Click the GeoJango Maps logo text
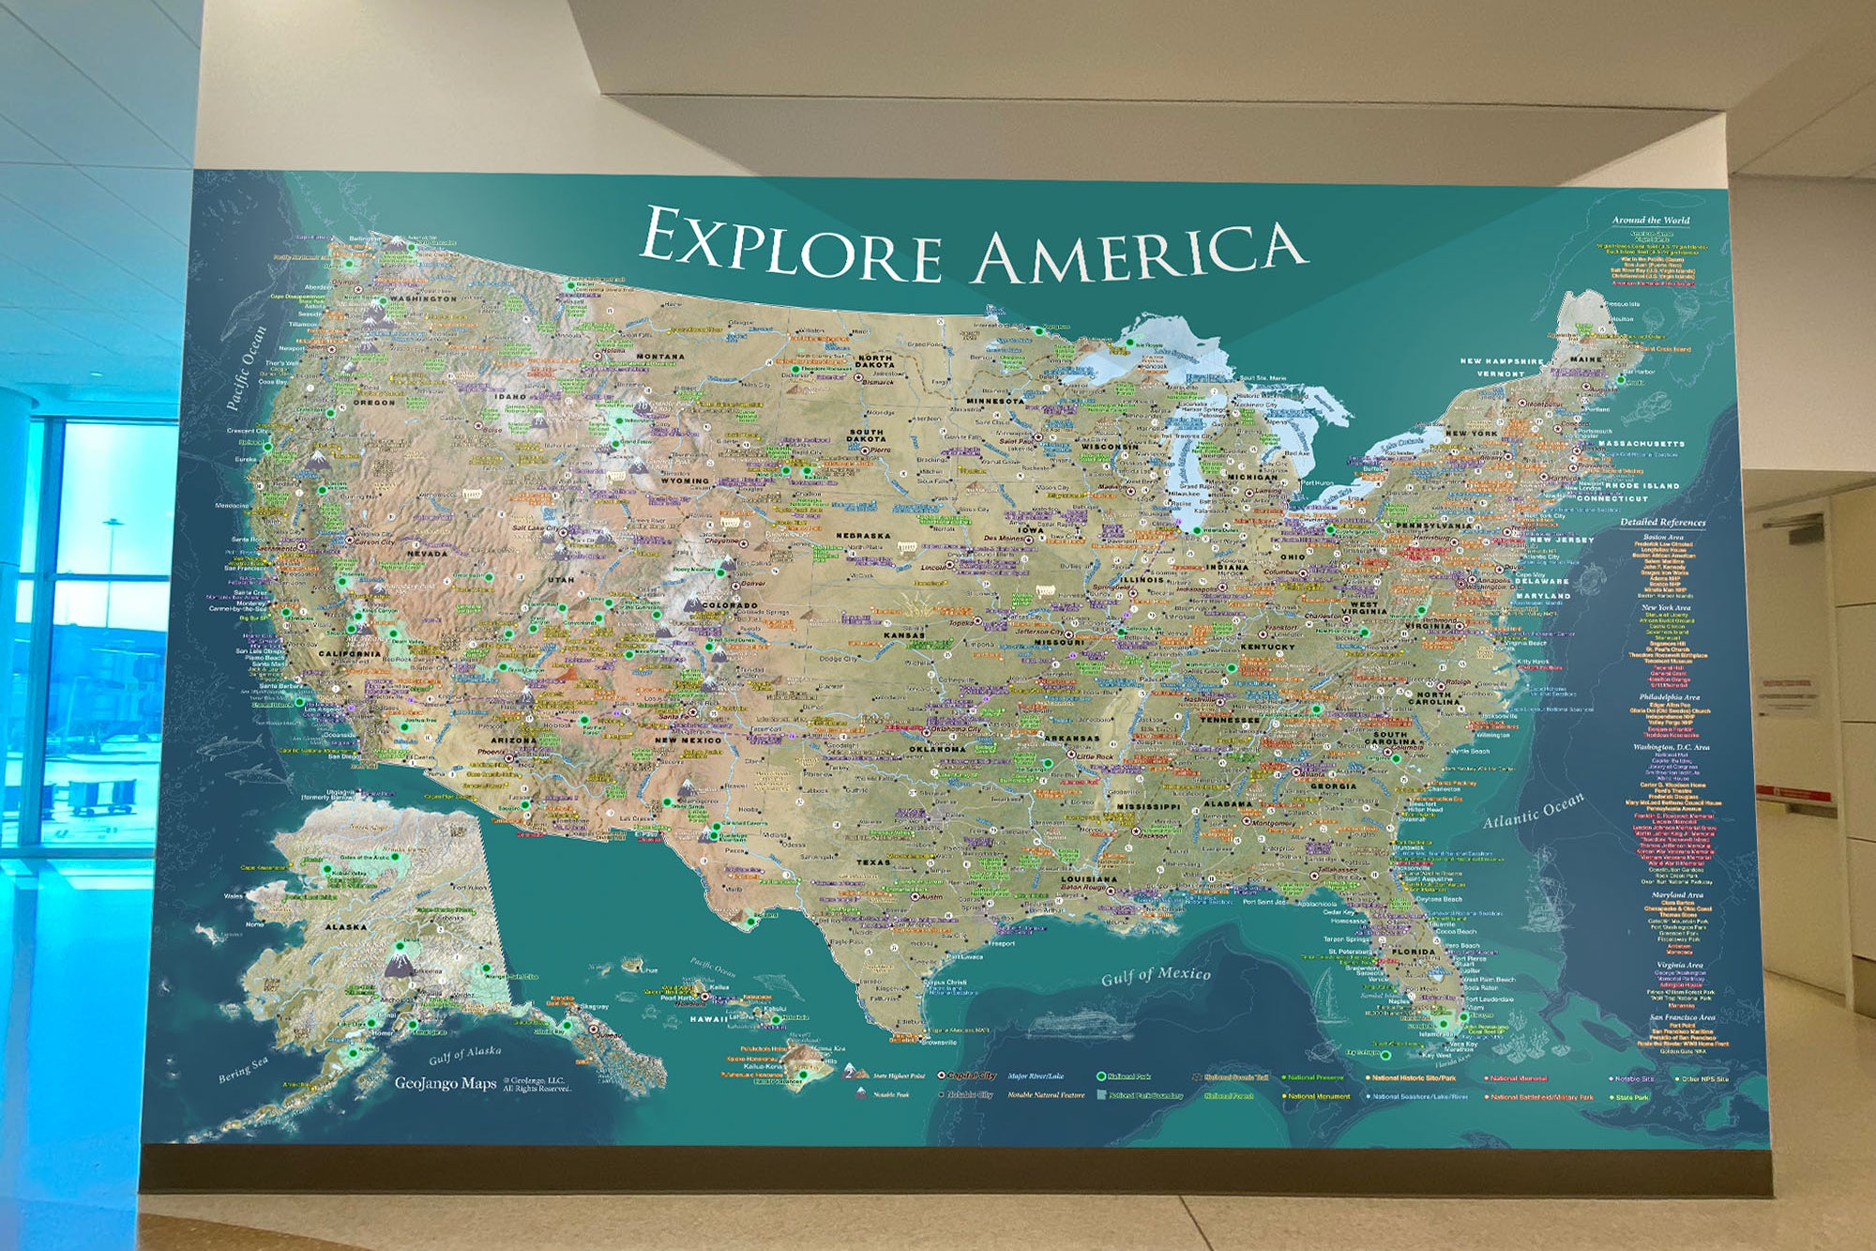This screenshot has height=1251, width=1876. click(x=445, y=1083)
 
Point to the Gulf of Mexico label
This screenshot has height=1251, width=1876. click(x=1156, y=976)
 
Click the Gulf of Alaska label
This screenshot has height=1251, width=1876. click(x=464, y=1056)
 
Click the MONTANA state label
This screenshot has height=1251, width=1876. click(x=660, y=357)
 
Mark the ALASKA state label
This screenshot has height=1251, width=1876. click(x=345, y=927)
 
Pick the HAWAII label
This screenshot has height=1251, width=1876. click(x=708, y=1018)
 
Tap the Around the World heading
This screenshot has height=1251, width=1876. click(x=1650, y=221)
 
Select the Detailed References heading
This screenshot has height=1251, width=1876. click(x=1662, y=522)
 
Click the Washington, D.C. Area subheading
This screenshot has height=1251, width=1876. click(x=1671, y=747)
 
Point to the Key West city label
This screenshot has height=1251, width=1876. click(x=1435, y=1055)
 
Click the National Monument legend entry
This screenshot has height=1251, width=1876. click(x=1318, y=1096)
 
